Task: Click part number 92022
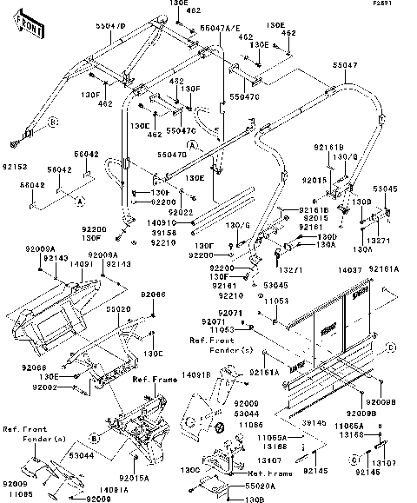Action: (180, 211)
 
